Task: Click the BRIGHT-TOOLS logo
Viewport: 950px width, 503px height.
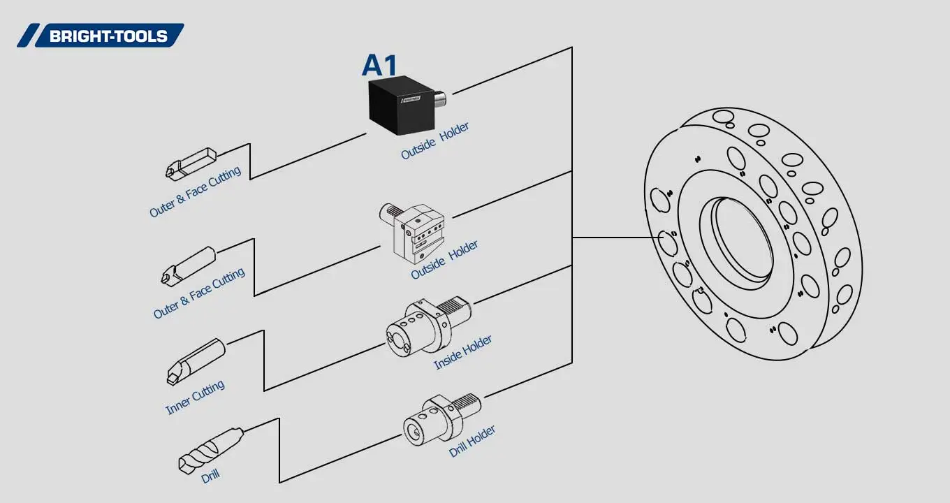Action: pos(101,36)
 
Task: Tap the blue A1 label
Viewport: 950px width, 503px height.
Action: pos(379,65)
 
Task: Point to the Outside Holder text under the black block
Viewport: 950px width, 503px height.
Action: pos(434,141)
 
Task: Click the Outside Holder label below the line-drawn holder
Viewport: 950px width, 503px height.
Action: pos(444,260)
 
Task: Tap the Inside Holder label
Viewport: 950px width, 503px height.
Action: pos(462,352)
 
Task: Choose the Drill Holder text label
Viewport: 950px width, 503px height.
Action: pos(472,441)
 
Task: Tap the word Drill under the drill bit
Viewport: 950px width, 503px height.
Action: pos(210,476)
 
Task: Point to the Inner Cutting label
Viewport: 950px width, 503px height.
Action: pos(195,398)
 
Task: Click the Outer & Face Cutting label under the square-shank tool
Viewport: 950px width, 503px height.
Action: pos(195,191)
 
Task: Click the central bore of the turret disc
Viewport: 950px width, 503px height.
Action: pos(743,240)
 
